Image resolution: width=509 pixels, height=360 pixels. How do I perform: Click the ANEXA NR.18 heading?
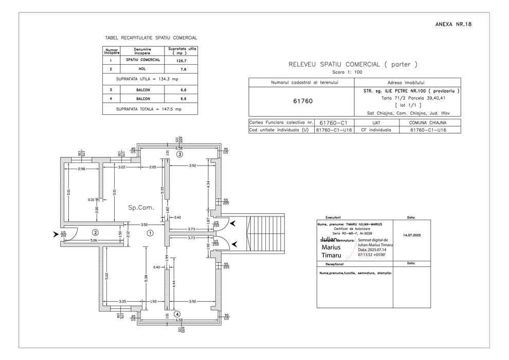pyautogui.click(x=453, y=24)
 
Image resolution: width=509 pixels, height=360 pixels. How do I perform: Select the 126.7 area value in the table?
pyautogui.click(x=180, y=60)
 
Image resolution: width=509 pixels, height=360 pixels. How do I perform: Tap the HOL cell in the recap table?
pyautogui.click(x=142, y=68)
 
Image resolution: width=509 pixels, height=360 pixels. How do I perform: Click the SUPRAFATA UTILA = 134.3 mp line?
pyautogui.click(x=147, y=79)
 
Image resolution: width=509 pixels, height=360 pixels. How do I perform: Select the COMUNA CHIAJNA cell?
pyautogui.click(x=427, y=123)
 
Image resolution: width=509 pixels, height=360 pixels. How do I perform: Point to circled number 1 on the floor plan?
pyautogui.click(x=150, y=233)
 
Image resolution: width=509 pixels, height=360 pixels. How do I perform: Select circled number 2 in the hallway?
pyautogui.click(x=95, y=232)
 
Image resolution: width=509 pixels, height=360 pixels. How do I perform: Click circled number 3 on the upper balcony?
pyautogui.click(x=179, y=154)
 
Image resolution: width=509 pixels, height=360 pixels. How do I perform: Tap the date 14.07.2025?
pyautogui.click(x=412, y=235)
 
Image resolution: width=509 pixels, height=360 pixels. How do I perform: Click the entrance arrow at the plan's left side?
pyautogui.click(x=56, y=235)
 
